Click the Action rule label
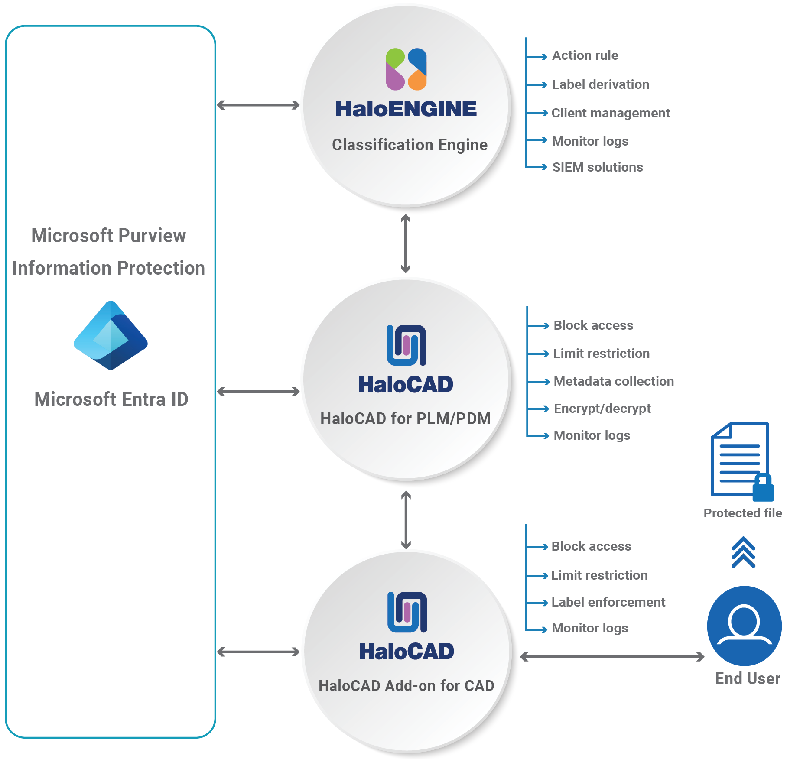[585, 55]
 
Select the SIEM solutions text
[597, 167]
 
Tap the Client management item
[610, 113]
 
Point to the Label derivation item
[601, 84]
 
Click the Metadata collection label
[614, 381]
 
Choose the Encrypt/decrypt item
[602, 409]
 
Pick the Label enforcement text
[608, 602]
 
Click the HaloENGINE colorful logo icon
[406, 69]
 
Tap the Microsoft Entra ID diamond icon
[111, 335]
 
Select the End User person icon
[744, 626]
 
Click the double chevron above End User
[743, 552]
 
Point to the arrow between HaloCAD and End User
[612, 657]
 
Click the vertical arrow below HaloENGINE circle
[406, 243]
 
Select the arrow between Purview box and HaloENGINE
[258, 105]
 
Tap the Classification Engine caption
[410, 145]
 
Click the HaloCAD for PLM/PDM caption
[405, 418]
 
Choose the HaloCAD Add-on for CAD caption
[406, 686]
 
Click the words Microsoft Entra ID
[111, 399]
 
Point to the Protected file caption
[742, 513]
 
